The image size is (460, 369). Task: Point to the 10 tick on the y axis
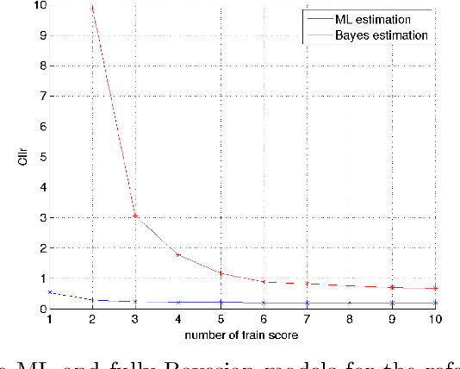tap(36, 5)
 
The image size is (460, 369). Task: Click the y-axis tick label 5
tap(39, 157)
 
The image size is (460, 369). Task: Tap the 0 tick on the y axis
tap(39, 309)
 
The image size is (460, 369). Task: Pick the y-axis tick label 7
tap(39, 97)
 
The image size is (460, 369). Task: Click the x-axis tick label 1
tap(49, 320)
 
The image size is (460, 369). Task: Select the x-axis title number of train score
tap(242, 334)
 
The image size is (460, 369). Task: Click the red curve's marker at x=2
tap(92, 9)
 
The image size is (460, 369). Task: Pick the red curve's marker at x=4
tap(177, 255)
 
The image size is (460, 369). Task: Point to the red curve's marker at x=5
tap(221, 274)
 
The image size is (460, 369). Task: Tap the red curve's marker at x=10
tap(436, 288)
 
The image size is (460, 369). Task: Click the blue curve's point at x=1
tap(49, 292)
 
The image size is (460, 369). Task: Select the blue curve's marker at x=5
tap(221, 302)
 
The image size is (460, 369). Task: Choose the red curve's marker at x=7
tap(307, 284)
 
